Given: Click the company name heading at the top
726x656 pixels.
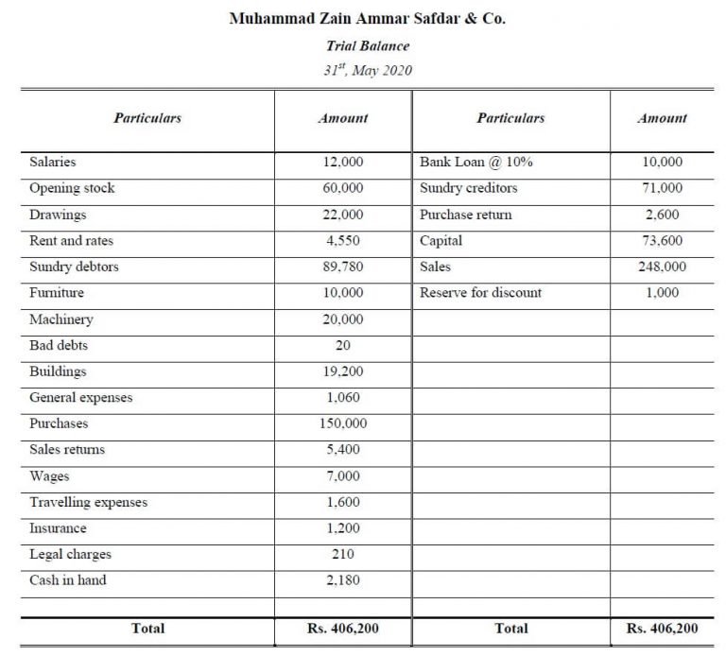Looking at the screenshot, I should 368,18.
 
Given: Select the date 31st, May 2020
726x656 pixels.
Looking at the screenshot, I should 368,71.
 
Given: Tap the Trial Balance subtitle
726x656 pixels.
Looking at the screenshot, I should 368,45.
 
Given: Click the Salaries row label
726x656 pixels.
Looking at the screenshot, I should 53,162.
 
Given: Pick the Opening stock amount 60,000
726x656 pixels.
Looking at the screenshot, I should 342,188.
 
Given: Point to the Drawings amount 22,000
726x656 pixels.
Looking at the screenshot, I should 342,215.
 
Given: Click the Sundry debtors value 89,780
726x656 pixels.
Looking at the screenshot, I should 342,267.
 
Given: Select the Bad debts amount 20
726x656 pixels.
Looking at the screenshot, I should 342,345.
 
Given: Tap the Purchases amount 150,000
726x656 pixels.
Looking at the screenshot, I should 342,423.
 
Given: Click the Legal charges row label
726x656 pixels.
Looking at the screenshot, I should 70,554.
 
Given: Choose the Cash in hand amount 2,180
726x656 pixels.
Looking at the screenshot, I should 342,580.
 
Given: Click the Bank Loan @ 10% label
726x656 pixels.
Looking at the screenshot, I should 475,162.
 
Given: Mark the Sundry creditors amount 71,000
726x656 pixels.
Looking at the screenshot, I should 662,188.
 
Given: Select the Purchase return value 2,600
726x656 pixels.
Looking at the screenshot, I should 662,215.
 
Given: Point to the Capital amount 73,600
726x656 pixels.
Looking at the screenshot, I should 662,240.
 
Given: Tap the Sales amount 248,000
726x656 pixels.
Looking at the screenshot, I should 662,267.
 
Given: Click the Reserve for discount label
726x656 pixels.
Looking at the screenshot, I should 480,293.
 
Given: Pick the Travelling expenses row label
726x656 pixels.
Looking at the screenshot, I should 88,502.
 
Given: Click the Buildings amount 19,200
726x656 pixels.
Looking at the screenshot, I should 342,371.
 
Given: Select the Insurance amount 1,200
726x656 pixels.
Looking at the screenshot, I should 342,528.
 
